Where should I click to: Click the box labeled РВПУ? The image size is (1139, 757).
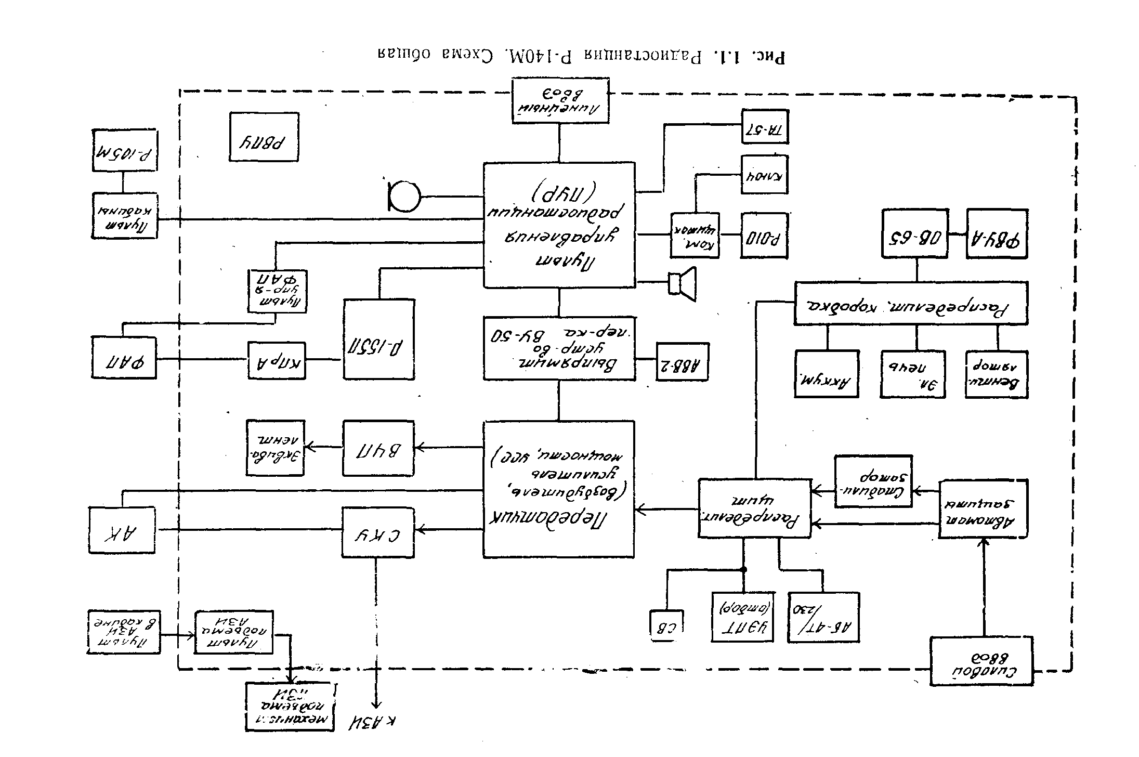[264, 137]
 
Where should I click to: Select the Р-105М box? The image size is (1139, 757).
[125, 150]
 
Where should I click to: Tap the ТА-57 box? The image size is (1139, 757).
[765, 126]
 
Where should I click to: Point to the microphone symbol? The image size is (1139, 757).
[404, 197]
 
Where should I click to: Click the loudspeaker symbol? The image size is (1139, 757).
[683, 284]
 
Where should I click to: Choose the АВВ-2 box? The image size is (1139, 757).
[683, 361]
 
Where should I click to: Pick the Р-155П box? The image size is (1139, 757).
[379, 339]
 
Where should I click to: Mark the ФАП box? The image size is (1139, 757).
[124, 357]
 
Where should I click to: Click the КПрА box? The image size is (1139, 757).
[277, 360]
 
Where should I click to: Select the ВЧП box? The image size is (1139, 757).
[378, 448]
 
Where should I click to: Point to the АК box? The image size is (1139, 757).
[122, 530]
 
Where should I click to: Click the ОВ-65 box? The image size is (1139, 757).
[914, 233]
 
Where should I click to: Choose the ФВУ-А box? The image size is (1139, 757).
[997, 233]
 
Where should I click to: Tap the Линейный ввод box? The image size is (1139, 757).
[560, 101]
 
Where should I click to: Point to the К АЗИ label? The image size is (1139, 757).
[372, 723]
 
